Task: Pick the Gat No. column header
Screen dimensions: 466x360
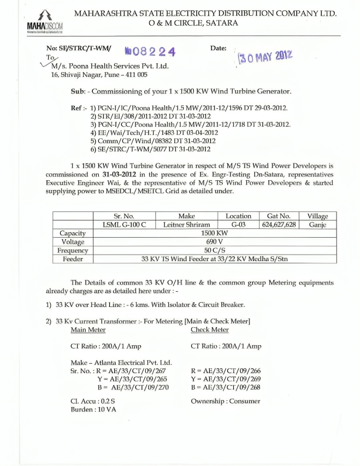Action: [x=278, y=216]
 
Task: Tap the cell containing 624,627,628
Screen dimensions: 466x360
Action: [x=278, y=225]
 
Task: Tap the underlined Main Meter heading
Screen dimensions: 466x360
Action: [x=88, y=329]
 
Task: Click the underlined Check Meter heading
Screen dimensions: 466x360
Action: [x=209, y=329]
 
